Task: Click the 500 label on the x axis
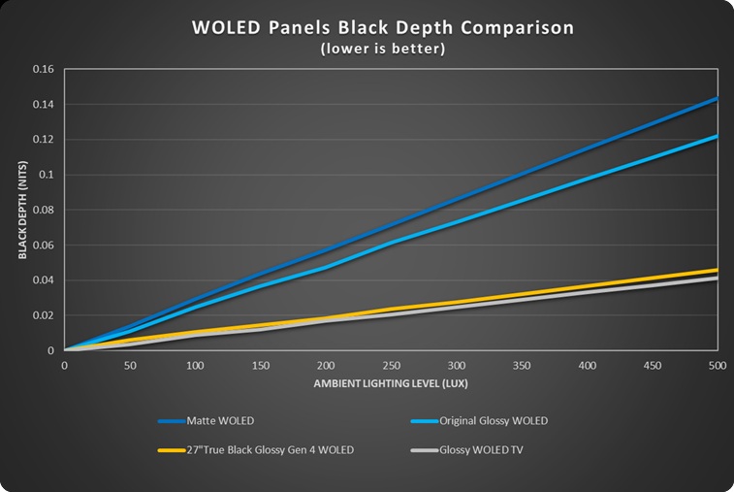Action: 717,365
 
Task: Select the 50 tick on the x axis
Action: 129,365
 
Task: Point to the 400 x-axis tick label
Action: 587,365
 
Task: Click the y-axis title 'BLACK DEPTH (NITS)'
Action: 22,210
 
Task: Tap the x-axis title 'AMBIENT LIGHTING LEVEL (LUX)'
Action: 390,384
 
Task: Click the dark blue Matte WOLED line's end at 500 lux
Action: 717,98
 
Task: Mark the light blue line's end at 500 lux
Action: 717,136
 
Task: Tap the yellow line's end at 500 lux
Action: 717,270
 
